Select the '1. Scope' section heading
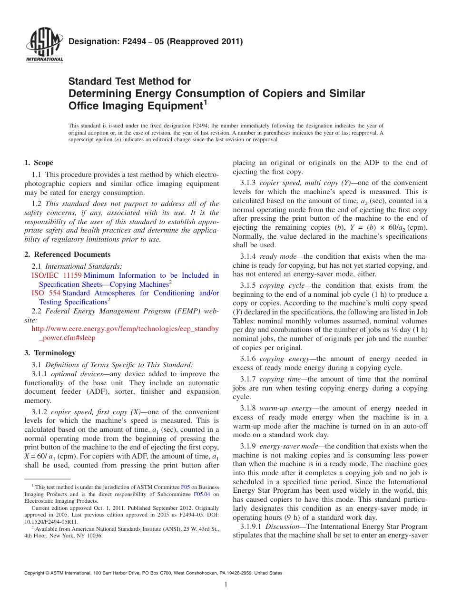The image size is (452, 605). tap(39, 163)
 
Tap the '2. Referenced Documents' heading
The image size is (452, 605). tap(68, 254)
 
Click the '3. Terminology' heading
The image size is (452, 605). tap(50, 353)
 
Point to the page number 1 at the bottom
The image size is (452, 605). tap(226, 585)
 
